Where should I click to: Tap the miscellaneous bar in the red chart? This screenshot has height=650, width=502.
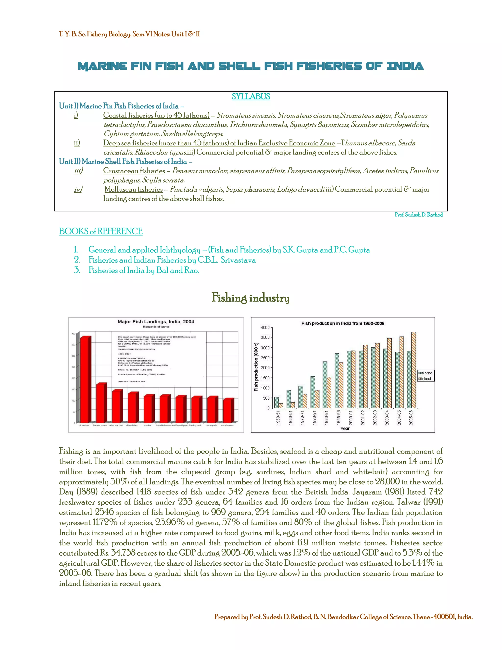[228, 410]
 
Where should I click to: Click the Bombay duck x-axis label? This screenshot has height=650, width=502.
[195, 425]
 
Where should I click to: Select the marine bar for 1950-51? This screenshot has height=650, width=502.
[276, 402]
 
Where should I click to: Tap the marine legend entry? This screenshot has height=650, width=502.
[425, 373]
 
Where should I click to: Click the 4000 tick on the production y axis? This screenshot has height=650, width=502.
[265, 327]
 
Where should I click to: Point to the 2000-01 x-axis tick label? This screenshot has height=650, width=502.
[351, 417]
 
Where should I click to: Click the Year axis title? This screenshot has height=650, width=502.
[345, 429]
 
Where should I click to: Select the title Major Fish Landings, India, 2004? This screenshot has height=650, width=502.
[156, 321]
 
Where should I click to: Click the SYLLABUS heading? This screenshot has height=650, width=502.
[251, 96]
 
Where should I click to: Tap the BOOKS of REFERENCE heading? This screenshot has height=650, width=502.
[100, 231]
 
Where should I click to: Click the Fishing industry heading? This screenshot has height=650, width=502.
[251, 298]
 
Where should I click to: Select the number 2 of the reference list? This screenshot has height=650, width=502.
[77, 260]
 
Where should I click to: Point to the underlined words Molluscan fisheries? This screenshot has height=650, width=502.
[134, 189]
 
